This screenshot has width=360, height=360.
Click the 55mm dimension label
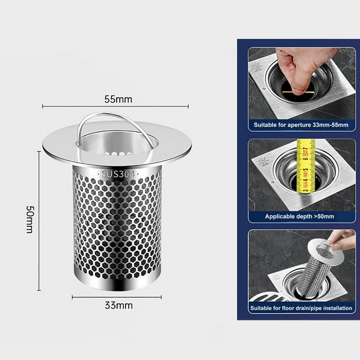click(117, 99)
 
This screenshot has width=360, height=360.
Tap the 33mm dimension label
click(118, 306)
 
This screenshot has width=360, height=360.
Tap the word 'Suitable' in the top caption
click(267, 125)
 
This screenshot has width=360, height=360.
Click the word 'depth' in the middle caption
click(302, 216)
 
